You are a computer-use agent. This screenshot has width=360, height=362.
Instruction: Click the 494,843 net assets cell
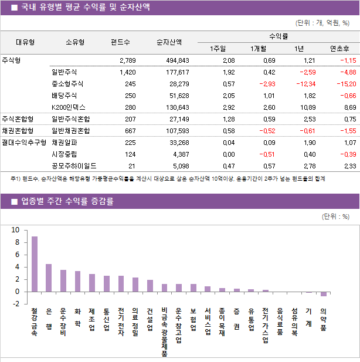pos(174,60)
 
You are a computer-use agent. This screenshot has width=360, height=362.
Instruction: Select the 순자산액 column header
pos(169,42)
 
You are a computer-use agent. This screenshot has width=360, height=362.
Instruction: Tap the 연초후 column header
pos(340,48)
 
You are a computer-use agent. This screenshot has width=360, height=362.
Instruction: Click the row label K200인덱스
pos(68,107)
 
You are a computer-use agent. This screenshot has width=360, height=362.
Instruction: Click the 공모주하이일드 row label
pos(74,166)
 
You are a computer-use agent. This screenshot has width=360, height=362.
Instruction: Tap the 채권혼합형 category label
pos(18,131)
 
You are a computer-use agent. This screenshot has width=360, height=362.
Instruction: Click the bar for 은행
pos(49,278)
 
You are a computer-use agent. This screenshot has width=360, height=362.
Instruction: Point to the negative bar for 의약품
pos(323,294)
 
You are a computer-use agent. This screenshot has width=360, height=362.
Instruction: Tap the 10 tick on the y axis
pos(16,230)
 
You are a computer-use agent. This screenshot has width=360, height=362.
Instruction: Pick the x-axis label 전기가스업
pos(266,325)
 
